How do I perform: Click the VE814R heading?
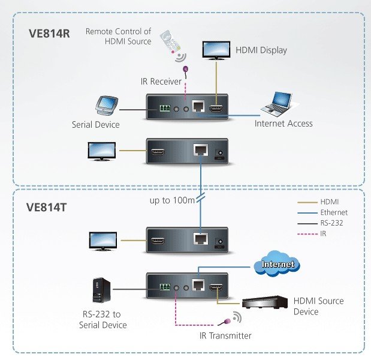(x=50, y=33)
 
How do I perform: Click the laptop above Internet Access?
(x=276, y=103)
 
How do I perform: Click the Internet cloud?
(x=277, y=263)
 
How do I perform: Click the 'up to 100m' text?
(x=172, y=199)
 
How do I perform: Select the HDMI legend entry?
(x=330, y=202)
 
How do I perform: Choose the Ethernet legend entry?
(x=334, y=212)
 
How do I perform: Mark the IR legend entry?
(x=324, y=233)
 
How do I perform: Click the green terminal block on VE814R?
(x=164, y=109)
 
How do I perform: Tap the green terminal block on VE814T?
(x=164, y=287)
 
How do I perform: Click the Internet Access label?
(x=283, y=124)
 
